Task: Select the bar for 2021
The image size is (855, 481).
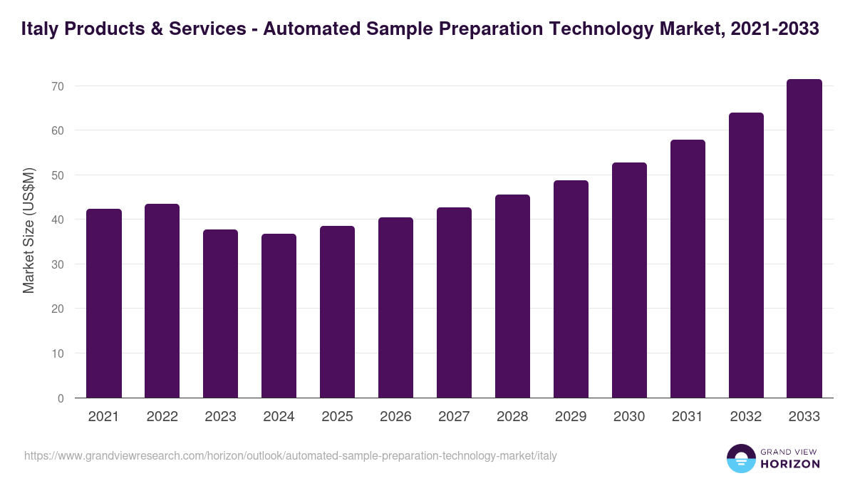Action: coord(104,304)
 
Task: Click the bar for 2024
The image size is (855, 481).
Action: coord(279,316)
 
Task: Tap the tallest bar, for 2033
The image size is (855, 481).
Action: coord(804,239)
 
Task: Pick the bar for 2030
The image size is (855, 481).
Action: coord(629,280)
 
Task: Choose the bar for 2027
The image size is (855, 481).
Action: coord(454,303)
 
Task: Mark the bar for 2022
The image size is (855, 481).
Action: coord(162,301)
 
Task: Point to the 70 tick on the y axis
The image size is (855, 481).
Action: coord(57,86)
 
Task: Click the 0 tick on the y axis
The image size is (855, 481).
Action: coord(61,398)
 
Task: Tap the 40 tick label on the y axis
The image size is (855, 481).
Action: coord(57,220)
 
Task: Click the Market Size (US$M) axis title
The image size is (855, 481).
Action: coord(28,231)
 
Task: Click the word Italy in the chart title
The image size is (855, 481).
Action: coord(40,29)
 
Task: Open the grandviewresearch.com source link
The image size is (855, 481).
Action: coord(291,455)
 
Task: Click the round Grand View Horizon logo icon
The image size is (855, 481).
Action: coord(741,458)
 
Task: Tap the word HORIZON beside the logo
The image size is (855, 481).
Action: coord(790,464)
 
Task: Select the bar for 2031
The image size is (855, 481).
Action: coord(688,269)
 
